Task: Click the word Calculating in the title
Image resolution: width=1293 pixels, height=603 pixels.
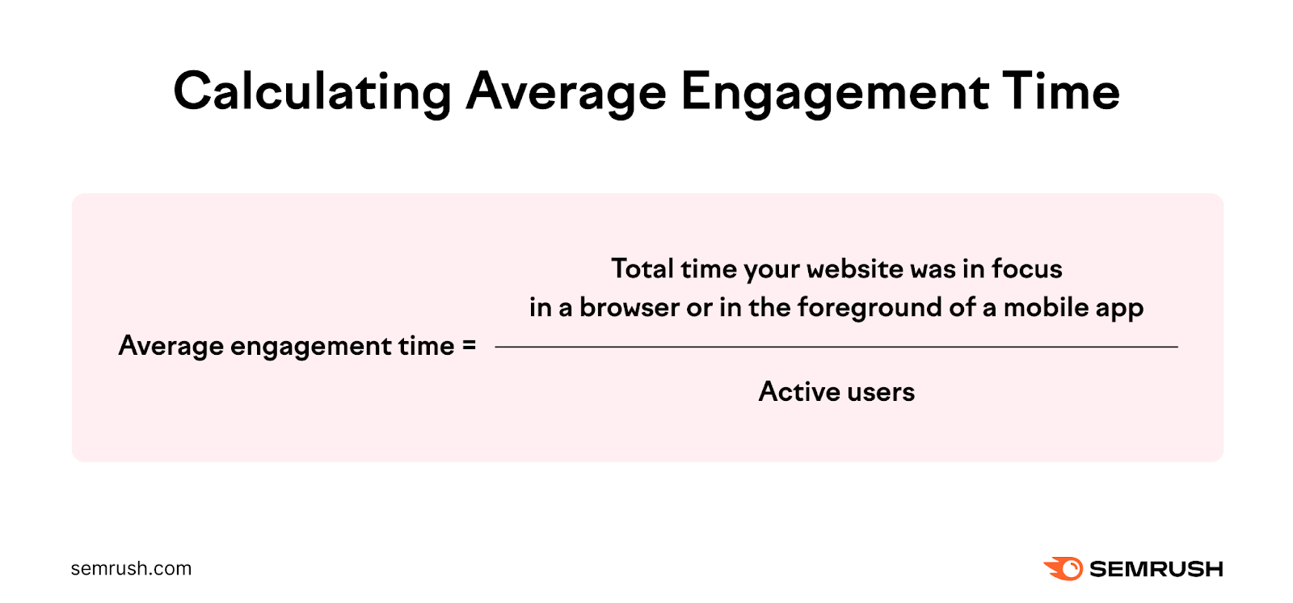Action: pyautogui.click(x=312, y=92)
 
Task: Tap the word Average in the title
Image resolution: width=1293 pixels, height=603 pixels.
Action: pyautogui.click(x=566, y=92)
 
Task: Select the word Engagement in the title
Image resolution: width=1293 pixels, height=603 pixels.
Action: pyautogui.click(x=835, y=92)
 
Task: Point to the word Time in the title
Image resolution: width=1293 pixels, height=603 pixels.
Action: pyautogui.click(x=1061, y=92)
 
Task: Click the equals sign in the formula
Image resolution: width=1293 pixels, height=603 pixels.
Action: pyautogui.click(x=469, y=346)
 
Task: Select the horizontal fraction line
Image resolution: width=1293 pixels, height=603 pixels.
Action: pyautogui.click(x=836, y=347)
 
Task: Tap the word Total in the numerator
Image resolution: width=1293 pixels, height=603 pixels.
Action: pyautogui.click(x=642, y=268)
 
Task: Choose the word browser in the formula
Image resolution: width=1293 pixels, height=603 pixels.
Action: pyautogui.click(x=629, y=308)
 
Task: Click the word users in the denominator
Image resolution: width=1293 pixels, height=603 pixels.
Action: pyautogui.click(x=882, y=392)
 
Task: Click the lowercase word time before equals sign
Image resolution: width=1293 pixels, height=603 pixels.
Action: pyautogui.click(x=426, y=346)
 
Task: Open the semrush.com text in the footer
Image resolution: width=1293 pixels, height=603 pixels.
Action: pyautogui.click(x=131, y=568)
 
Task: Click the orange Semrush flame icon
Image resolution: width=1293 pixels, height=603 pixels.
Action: pyautogui.click(x=1063, y=568)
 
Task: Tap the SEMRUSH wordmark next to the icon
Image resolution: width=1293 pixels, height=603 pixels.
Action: pyautogui.click(x=1156, y=569)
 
